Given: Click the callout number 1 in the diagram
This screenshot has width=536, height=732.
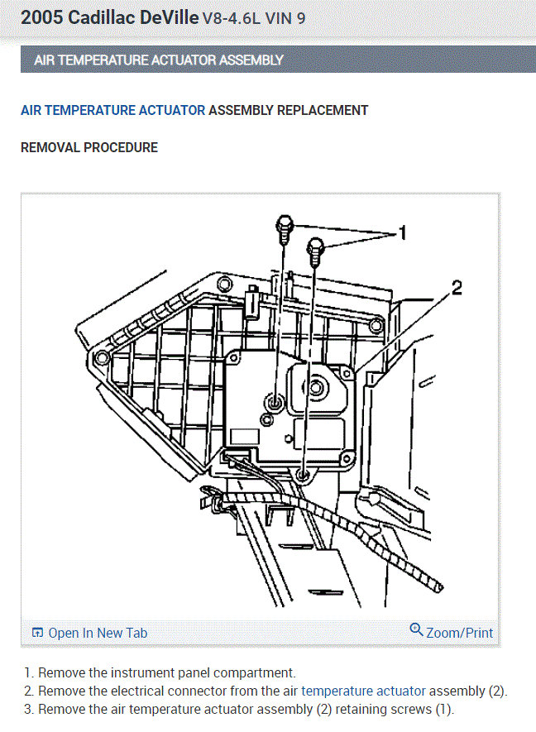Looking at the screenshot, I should click(402, 233).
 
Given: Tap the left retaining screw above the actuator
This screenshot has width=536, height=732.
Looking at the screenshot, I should click(283, 227).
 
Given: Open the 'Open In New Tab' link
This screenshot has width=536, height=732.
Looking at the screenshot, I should click(98, 633).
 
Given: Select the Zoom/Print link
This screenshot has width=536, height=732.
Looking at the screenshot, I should click(459, 633).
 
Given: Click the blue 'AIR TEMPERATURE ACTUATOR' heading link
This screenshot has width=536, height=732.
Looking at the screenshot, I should click(112, 110).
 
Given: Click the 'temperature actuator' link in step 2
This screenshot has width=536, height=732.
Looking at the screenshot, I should click(363, 691).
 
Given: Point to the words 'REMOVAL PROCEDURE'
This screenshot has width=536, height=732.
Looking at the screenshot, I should click(89, 148).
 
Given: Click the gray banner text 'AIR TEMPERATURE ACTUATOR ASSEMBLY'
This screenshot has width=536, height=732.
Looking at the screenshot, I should click(159, 60).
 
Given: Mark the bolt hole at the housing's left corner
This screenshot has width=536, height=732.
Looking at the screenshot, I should click(101, 357).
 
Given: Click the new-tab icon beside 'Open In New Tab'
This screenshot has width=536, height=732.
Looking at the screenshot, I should click(37, 633).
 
